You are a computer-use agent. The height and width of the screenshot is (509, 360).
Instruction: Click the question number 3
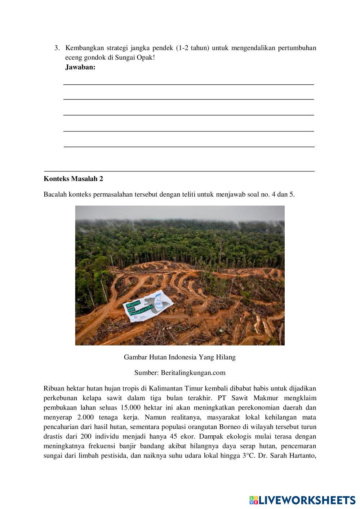click(56, 48)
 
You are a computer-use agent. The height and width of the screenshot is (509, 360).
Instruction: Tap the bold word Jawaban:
click(80, 67)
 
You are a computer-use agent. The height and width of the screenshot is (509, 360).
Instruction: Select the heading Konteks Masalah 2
click(74, 179)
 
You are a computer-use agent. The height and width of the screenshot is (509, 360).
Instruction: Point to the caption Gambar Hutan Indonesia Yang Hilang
click(179, 357)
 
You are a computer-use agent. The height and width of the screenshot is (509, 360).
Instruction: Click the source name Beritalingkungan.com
click(193, 372)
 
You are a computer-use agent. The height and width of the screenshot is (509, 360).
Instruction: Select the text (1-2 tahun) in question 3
click(193, 48)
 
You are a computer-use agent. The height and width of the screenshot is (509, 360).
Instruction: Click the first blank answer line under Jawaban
click(188, 84)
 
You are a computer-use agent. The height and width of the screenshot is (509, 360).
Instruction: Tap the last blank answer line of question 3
click(188, 146)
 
